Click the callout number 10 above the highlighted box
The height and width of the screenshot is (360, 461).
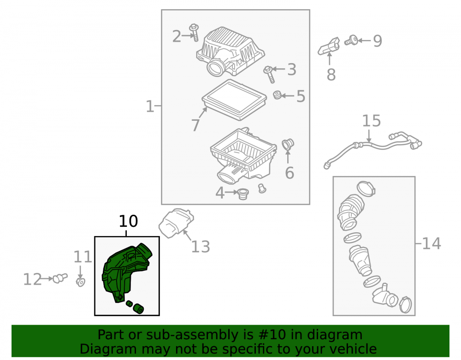point(128,221)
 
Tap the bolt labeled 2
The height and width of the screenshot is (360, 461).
point(194,32)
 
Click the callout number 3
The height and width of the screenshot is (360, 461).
point(291,69)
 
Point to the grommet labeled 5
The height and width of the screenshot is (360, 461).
point(277,95)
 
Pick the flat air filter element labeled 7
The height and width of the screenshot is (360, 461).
point(234,100)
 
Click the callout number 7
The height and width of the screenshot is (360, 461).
point(195,125)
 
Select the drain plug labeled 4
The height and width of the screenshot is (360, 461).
point(243,194)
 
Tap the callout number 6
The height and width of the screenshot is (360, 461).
point(290,172)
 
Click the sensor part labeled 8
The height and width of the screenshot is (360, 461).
point(329,46)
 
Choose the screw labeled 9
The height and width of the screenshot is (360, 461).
point(351,40)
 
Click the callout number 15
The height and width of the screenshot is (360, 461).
point(371,121)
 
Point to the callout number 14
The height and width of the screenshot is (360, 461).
point(431,243)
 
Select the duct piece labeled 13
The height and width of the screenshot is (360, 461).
point(176,223)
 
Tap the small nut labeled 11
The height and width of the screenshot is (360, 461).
point(81,282)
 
